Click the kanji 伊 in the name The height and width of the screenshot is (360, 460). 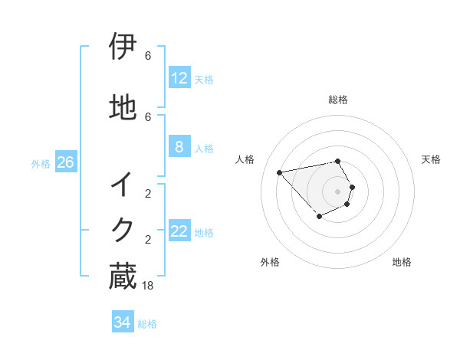(x=123, y=47)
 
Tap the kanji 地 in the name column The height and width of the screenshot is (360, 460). (x=123, y=108)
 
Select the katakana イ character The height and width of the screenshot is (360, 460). (x=123, y=185)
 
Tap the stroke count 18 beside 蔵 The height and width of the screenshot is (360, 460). (x=148, y=285)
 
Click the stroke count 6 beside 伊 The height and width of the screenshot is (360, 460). (x=148, y=56)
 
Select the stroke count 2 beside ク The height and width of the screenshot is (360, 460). (x=148, y=239)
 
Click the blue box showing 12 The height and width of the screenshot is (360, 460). (x=179, y=77)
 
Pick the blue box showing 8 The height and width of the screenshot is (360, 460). (x=179, y=147)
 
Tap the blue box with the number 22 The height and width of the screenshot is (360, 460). (x=179, y=231)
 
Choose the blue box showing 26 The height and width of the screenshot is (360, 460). (x=65, y=162)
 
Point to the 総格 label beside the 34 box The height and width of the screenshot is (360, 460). (x=147, y=324)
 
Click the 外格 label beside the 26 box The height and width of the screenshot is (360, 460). (x=41, y=163)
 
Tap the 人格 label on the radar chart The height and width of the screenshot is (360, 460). (x=245, y=159)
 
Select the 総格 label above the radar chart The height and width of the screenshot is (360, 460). (x=338, y=100)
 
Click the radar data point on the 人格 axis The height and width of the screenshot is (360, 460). (x=280, y=172)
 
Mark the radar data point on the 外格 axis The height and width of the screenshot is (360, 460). (x=319, y=218)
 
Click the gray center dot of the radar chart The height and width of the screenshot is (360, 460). (x=338, y=191)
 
